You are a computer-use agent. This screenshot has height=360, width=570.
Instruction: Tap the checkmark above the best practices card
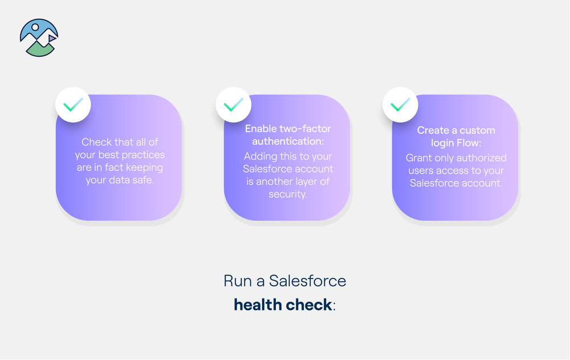tap(73, 105)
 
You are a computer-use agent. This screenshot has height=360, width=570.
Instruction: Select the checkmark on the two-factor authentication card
tap(234, 105)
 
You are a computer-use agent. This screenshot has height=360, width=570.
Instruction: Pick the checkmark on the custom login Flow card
tap(400, 105)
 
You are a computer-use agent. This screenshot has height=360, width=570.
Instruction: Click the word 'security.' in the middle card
tap(288, 194)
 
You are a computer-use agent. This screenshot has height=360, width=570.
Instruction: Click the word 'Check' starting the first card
tap(97, 142)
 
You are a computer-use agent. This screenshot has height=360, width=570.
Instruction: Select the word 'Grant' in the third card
tap(420, 157)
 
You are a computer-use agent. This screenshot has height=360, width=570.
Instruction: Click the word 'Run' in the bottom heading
tap(235, 281)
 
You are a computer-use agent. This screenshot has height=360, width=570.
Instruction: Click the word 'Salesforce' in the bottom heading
tap(307, 281)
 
